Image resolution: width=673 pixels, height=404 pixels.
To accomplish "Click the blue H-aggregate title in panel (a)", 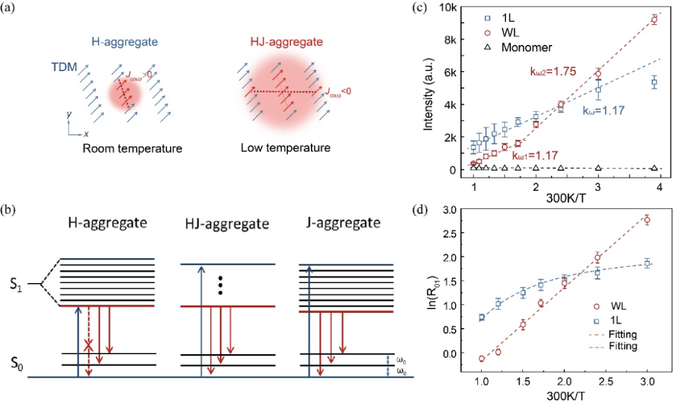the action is point(125,42).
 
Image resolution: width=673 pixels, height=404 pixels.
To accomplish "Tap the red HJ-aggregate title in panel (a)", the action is point(286,42).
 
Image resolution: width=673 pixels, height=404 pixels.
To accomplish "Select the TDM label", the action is point(64,67).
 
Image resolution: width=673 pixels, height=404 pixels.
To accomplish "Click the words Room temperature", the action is point(132,148).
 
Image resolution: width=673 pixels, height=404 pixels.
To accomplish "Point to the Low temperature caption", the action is point(285,148).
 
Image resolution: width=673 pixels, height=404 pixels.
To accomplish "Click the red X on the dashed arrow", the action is point(88,345).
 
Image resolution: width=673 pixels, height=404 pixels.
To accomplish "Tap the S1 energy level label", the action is point(16,285).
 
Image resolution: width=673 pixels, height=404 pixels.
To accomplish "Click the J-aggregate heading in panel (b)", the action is point(343,223).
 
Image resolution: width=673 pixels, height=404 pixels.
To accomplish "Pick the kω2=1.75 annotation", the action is point(553,72).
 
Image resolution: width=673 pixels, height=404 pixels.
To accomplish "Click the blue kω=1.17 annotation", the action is point(603,111).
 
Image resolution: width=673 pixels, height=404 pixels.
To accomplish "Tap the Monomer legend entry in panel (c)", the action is point(527,47).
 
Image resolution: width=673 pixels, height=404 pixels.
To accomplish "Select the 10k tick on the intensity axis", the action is point(450,7).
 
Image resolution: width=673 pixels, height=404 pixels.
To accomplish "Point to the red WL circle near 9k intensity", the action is point(654,19).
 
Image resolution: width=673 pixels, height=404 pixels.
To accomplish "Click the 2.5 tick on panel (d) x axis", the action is point(606,382).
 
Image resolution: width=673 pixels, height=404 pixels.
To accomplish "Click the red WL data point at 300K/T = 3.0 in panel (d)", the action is point(647,220).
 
